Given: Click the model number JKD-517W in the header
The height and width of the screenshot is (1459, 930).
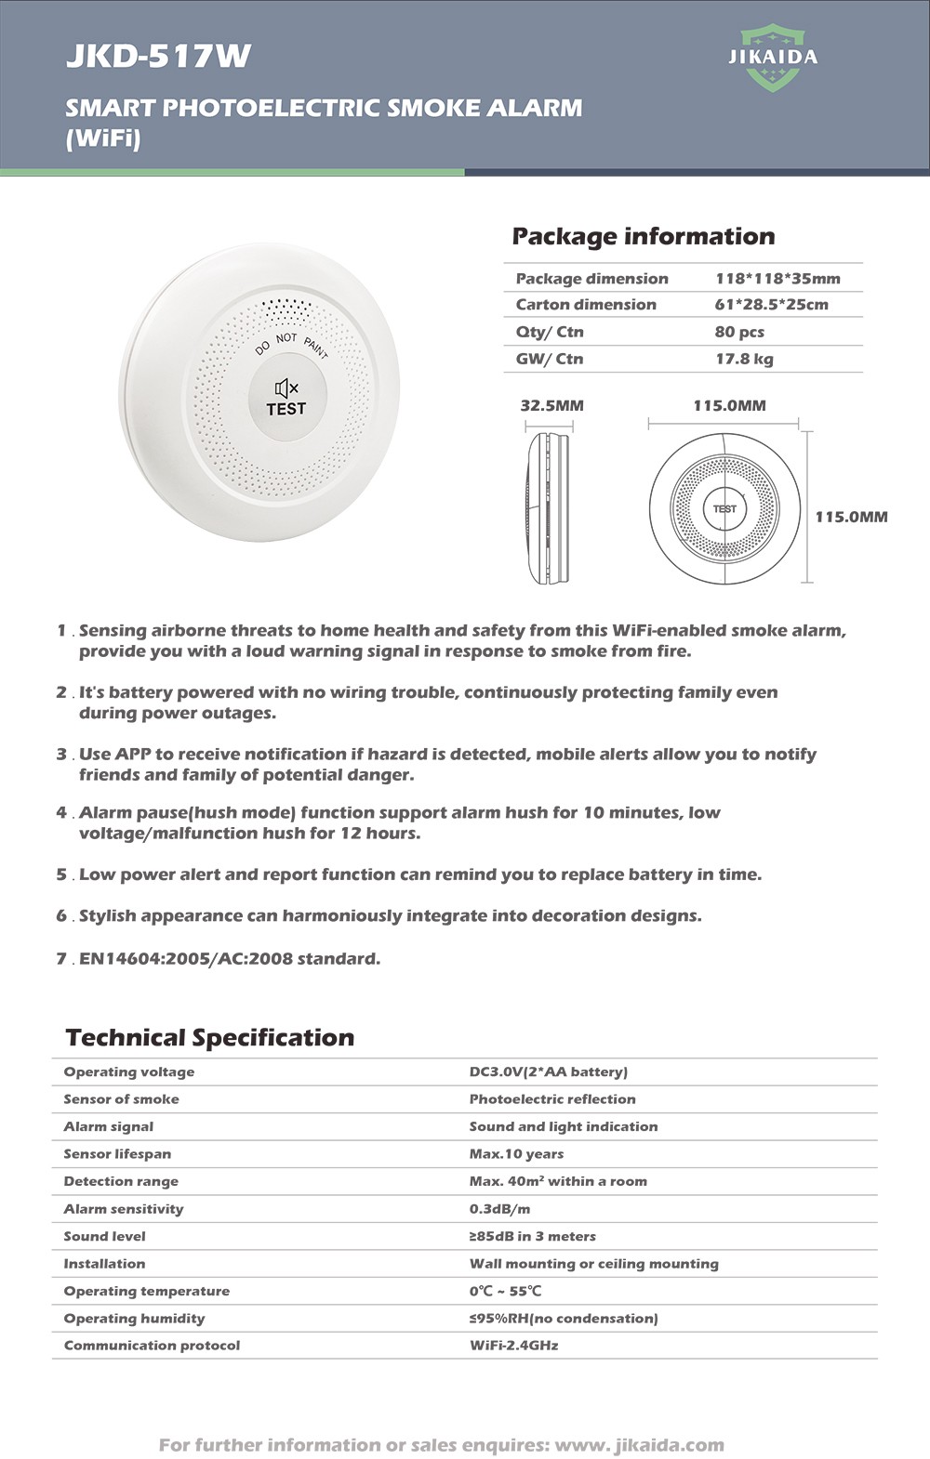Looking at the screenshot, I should pyautogui.click(x=158, y=57).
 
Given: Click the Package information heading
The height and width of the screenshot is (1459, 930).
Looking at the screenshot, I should pyautogui.click(x=643, y=236).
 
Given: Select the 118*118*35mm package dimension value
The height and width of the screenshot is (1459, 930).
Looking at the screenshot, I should pyautogui.click(x=777, y=278).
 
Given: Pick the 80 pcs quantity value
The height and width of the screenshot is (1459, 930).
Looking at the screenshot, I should pyautogui.click(x=739, y=332).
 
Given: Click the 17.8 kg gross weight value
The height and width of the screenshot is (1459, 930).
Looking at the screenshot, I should pyautogui.click(x=744, y=359).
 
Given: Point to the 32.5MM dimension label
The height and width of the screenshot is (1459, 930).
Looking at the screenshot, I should pyautogui.click(x=551, y=405).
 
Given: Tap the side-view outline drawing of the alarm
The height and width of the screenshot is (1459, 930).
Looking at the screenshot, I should pyautogui.click(x=550, y=507).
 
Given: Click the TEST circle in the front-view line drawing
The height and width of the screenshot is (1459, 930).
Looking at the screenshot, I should pyautogui.click(x=724, y=508).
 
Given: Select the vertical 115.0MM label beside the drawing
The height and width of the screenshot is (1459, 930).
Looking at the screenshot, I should pyautogui.click(x=851, y=517).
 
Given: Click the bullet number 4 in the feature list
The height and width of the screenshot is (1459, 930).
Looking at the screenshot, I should pyautogui.click(x=61, y=813).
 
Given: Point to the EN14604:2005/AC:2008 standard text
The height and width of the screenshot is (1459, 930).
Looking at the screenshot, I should pyautogui.click(x=229, y=958).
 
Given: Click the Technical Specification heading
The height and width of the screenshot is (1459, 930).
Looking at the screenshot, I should pyautogui.click(x=209, y=1037).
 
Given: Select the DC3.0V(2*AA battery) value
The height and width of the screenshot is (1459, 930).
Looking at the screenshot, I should pyautogui.click(x=548, y=1071).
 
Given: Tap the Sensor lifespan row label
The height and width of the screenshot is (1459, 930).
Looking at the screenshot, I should pyautogui.click(x=117, y=1153).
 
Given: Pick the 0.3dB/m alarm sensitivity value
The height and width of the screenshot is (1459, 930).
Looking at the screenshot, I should pyautogui.click(x=499, y=1208).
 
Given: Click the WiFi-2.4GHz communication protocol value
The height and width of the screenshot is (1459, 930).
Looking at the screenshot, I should pyautogui.click(x=513, y=1345).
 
